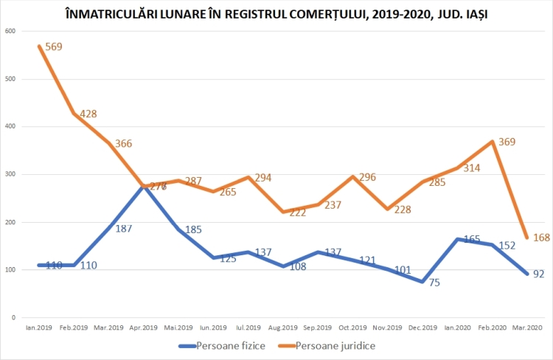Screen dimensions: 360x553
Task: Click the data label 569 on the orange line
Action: [53, 46]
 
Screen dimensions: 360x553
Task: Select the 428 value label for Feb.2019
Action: [88, 114]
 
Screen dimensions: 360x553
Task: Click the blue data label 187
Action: [123, 229]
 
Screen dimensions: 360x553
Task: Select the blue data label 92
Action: [539, 274]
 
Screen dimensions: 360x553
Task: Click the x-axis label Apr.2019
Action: [144, 327]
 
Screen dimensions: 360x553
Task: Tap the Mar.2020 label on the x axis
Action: [527, 327]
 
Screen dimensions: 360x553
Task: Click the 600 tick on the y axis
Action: [10, 31]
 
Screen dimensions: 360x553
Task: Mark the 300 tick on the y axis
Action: [10, 174]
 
